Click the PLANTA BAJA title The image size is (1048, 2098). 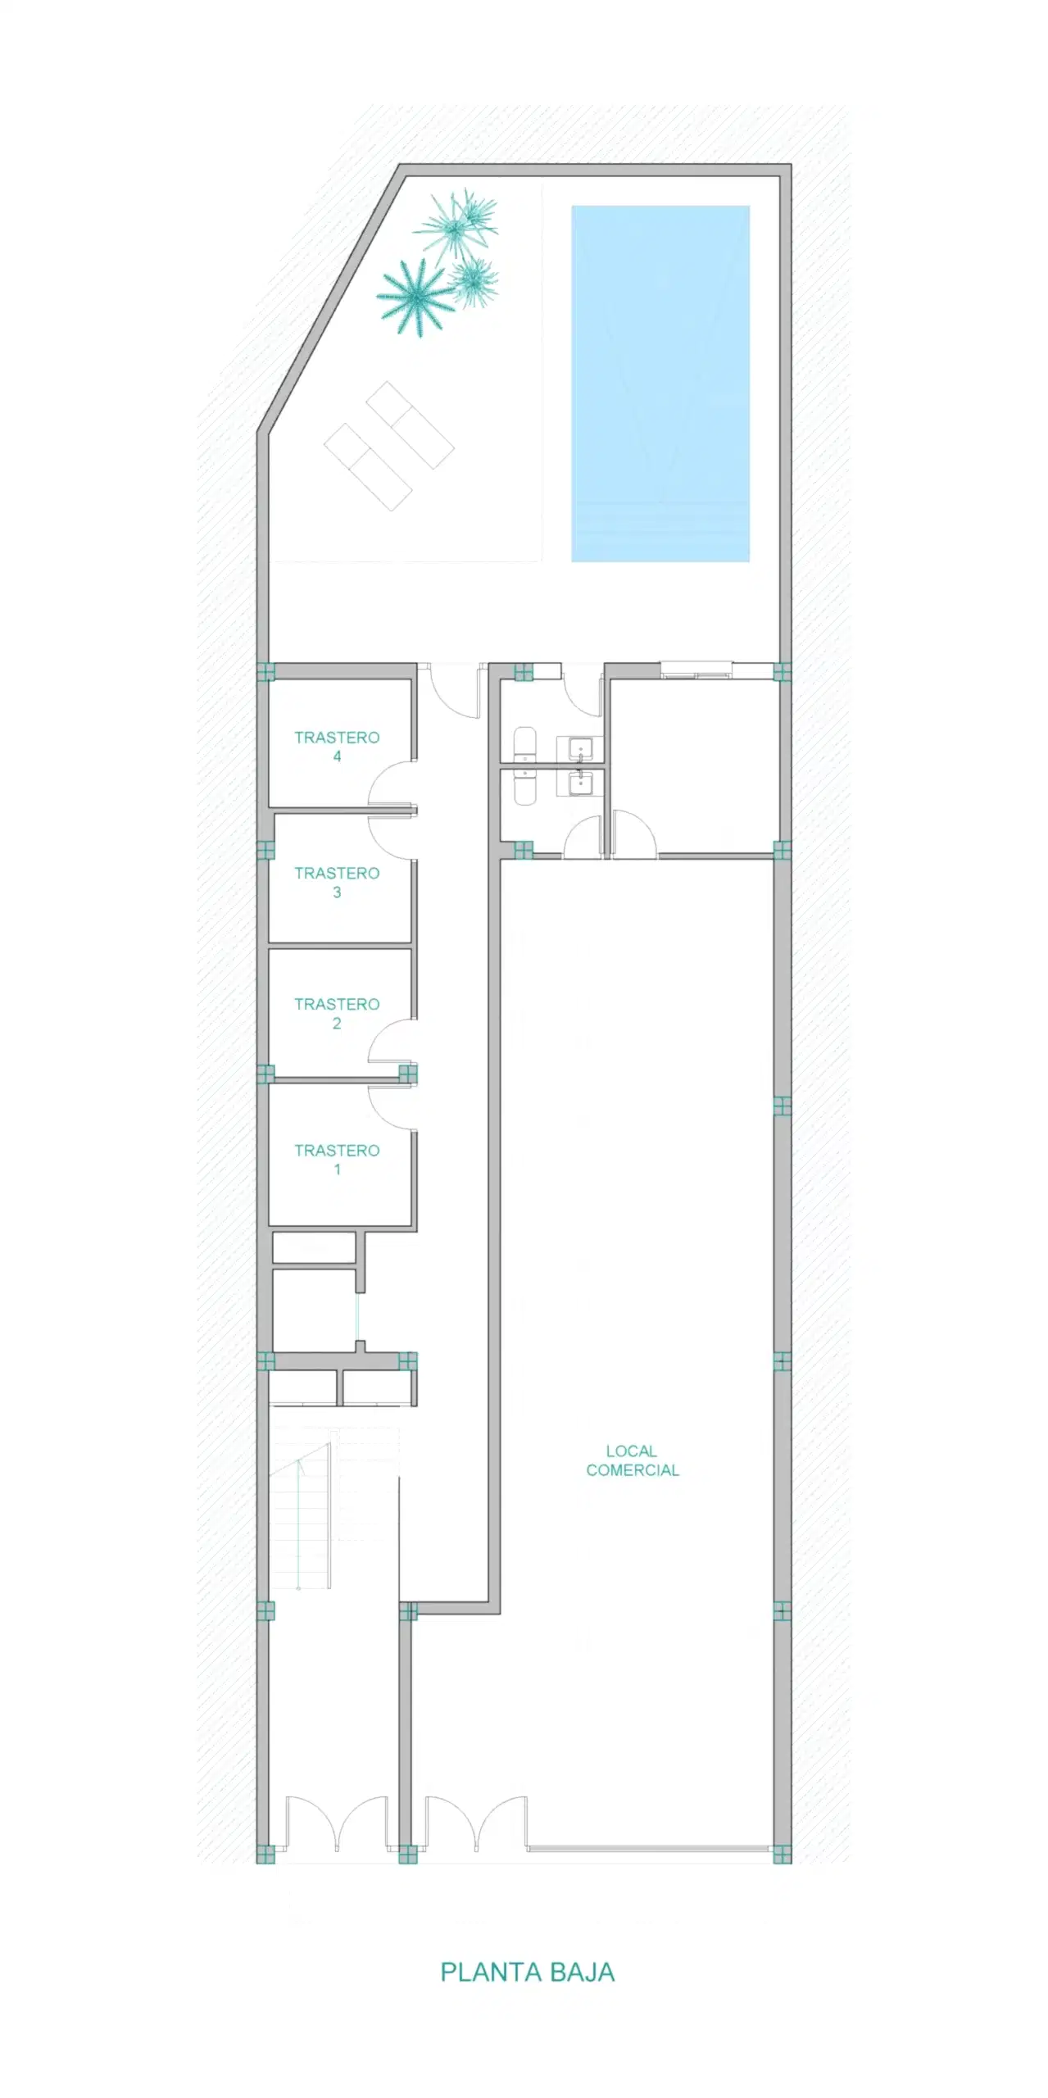[x=528, y=1972]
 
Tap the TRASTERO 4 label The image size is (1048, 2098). [x=337, y=747]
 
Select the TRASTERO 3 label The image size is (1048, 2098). [x=337, y=883]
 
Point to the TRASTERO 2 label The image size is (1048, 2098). [x=337, y=1013]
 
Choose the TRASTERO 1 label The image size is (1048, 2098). [x=337, y=1160]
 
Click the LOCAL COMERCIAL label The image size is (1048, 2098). [x=633, y=1460]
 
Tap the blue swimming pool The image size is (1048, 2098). [x=660, y=384]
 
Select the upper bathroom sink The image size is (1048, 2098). [x=581, y=748]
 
